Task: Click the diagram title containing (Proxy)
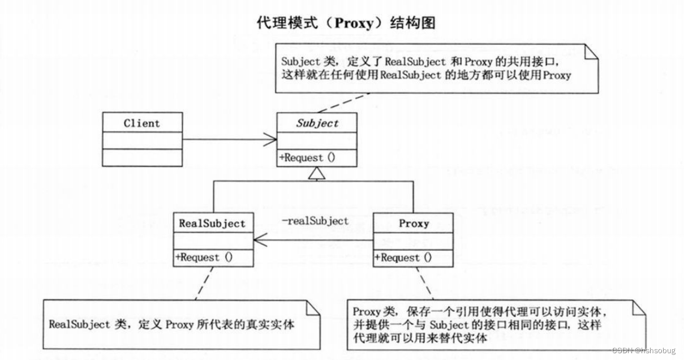coord(342,23)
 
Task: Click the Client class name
coord(142,123)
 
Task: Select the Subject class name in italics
coord(317,123)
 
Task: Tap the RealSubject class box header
coord(213,223)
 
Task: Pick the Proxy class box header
coord(414,223)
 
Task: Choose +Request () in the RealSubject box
coord(204,257)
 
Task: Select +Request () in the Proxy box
coord(403,258)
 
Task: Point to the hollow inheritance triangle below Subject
coord(317,173)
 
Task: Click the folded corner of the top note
coord(591,54)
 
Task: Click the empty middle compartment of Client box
coord(142,140)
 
